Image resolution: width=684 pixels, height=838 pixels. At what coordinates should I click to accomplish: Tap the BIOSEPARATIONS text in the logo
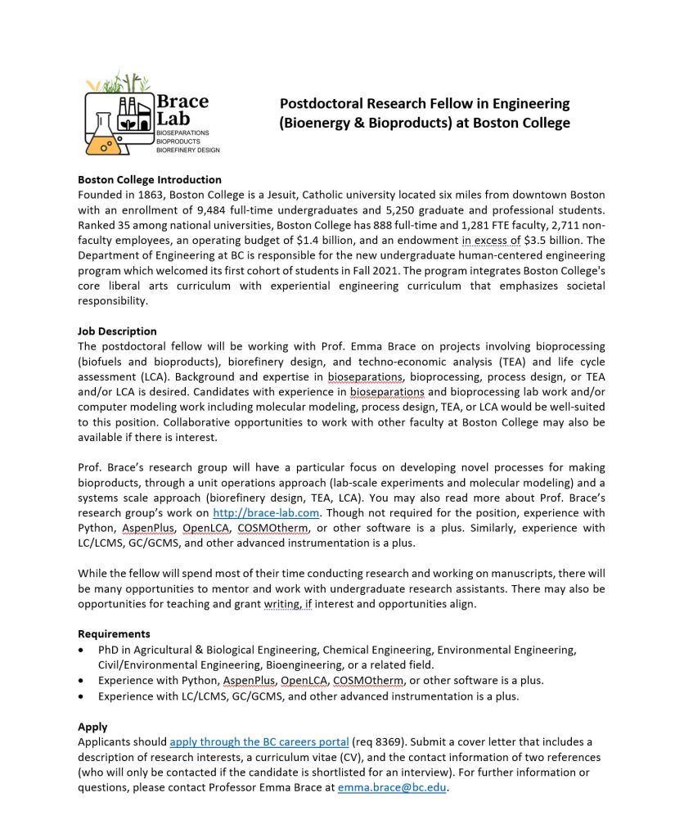183,132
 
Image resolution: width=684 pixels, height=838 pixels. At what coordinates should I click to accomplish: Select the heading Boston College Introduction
150,180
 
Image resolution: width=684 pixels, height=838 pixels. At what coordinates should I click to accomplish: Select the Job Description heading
117,331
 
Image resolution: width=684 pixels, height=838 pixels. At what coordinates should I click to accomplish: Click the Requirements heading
114,634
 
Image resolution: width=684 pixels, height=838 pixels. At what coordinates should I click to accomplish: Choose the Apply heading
92,727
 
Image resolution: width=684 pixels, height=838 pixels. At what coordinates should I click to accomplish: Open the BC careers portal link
259,742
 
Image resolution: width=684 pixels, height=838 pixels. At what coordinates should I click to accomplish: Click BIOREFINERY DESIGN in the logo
187,150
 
